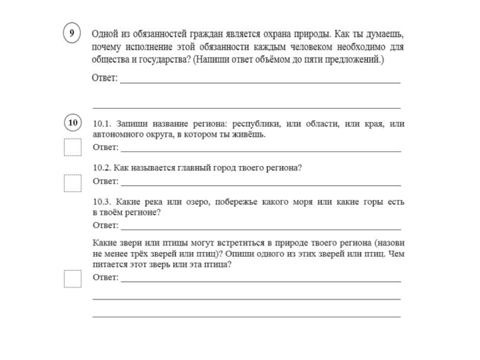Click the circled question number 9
click(72, 34)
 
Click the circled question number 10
click(72, 124)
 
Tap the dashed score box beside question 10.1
click(73, 147)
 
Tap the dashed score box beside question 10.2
click(73, 182)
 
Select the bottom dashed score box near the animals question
click(73, 279)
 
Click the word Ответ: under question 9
click(105, 79)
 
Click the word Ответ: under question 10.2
click(105, 181)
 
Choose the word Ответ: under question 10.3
click(105, 226)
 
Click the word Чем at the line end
click(397, 253)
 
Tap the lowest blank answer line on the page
click(246, 316)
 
